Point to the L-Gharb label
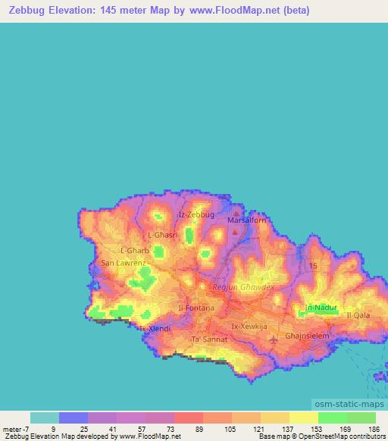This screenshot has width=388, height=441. pyautogui.click(x=135, y=249)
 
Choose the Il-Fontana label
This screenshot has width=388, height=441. pyautogui.click(x=196, y=308)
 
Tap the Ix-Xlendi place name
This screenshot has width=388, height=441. pyautogui.click(x=154, y=329)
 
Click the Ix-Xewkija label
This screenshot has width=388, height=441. pyautogui.click(x=249, y=326)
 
